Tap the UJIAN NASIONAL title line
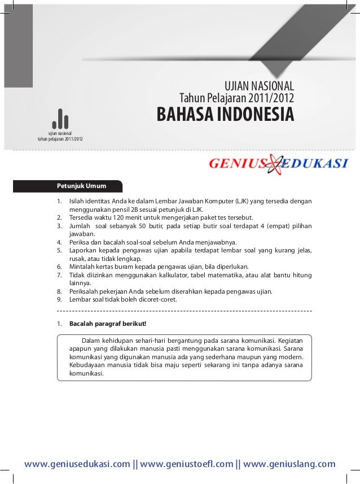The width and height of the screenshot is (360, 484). click(x=260, y=86)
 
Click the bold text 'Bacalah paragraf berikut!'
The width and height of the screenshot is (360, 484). click(x=108, y=324)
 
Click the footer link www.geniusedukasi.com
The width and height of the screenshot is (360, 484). click(x=77, y=464)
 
